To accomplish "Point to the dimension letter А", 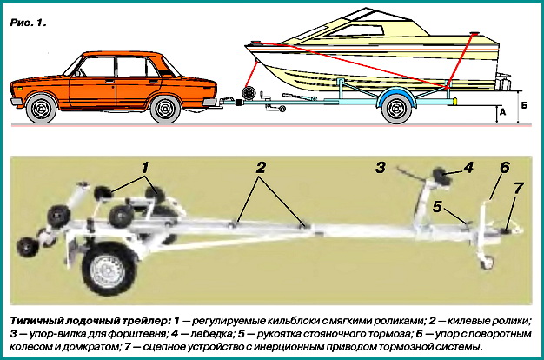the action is (503, 111).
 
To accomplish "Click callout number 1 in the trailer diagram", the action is (145, 164).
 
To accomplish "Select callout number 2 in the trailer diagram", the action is (259, 168).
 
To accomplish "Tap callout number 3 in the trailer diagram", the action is (380, 165).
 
